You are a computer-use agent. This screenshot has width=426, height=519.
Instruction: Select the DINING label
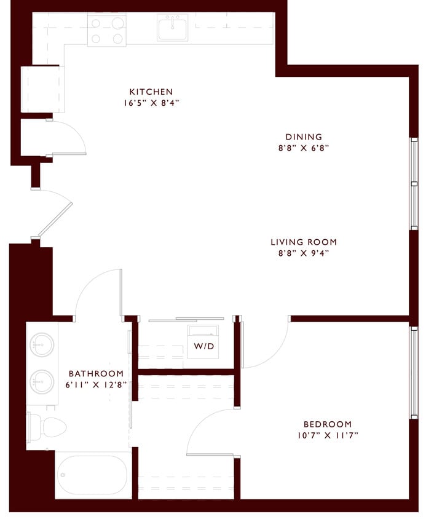click(x=304, y=137)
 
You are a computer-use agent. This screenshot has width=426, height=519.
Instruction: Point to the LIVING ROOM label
click(x=304, y=242)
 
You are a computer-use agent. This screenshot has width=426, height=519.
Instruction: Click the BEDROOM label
click(x=328, y=424)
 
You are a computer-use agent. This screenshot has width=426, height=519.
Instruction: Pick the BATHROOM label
click(x=96, y=373)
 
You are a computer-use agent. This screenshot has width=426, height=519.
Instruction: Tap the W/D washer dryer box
click(x=203, y=346)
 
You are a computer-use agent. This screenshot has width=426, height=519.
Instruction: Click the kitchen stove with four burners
click(x=106, y=31)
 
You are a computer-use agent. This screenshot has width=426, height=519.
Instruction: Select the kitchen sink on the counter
click(x=172, y=28)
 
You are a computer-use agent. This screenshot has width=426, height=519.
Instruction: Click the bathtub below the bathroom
click(x=93, y=475)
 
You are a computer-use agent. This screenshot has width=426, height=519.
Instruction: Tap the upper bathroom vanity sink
click(x=42, y=344)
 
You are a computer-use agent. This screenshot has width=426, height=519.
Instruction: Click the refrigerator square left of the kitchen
click(x=42, y=89)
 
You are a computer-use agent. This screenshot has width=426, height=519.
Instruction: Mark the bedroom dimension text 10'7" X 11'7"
click(x=328, y=435)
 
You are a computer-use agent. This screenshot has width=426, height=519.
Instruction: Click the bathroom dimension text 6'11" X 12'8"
click(x=96, y=384)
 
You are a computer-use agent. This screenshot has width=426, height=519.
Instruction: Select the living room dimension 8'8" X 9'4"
click(x=304, y=253)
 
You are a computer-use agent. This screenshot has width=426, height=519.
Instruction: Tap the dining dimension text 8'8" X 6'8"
click(x=304, y=148)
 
